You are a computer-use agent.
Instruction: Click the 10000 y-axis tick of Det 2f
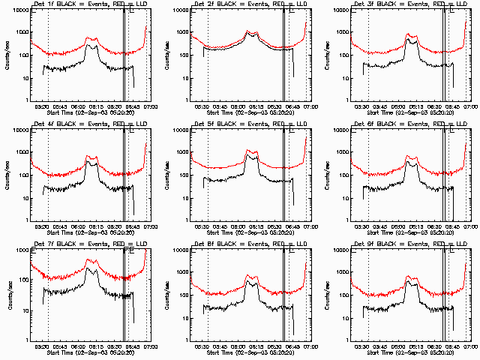[x=178, y=10]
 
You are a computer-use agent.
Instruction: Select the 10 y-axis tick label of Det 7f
[x=24, y=310]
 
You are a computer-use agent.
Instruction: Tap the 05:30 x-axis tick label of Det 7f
[x=42, y=347]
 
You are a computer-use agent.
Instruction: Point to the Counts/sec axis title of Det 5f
[x=168, y=175]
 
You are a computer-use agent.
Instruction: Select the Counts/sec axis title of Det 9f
[x=328, y=295]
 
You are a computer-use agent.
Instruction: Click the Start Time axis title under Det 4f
[x=91, y=233]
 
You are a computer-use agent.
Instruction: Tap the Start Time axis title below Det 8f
[x=251, y=353]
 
